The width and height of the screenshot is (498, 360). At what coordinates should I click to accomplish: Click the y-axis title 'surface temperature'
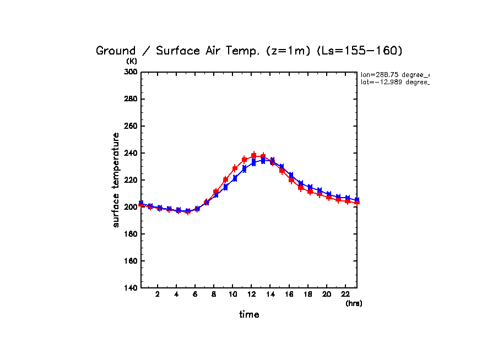[x=116, y=179]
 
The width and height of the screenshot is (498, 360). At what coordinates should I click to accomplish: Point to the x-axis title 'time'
[x=249, y=315]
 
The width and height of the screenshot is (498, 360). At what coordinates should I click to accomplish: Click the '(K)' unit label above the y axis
[x=132, y=61]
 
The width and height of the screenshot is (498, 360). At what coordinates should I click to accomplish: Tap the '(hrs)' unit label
[x=354, y=303]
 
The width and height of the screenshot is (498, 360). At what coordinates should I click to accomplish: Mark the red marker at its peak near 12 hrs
[x=254, y=155]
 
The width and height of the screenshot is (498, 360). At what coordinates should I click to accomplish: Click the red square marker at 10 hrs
[x=235, y=168]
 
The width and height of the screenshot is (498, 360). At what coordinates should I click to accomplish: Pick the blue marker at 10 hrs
[x=235, y=178]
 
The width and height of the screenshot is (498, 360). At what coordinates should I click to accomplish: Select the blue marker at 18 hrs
[x=310, y=187]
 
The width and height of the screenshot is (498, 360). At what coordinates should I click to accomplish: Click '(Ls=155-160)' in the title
[x=360, y=51]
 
